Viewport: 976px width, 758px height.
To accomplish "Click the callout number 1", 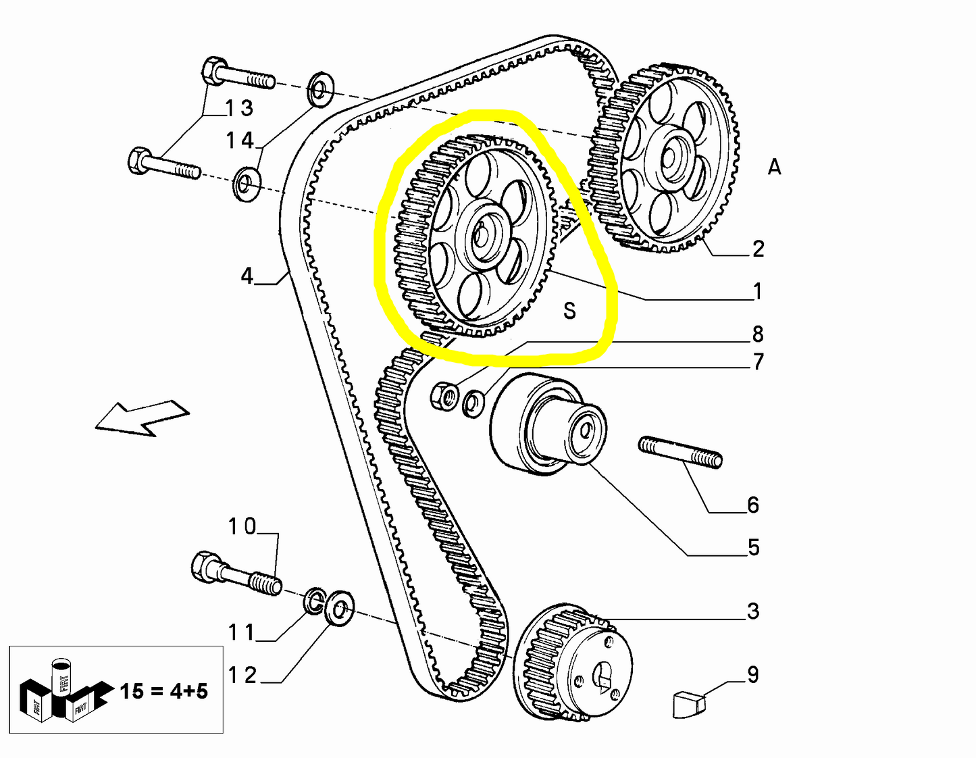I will (757, 291).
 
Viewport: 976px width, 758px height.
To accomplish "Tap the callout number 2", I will (758, 249).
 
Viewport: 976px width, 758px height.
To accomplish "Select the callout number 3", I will (753, 611).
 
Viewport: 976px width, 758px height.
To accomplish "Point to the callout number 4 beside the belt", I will (247, 276).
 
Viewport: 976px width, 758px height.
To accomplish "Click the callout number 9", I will (752, 674).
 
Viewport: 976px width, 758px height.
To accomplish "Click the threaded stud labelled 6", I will (680, 452).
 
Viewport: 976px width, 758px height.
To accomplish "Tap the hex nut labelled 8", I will (443, 395).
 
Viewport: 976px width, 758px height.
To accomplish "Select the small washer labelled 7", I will (473, 403).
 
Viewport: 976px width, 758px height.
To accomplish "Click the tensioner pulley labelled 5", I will (547, 426).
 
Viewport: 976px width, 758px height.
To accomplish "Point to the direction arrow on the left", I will (142, 418).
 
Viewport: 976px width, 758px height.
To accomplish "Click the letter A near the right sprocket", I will (774, 167).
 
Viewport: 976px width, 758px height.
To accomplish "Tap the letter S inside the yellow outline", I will (569, 311).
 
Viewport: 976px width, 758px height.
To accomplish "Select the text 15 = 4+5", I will (163, 691).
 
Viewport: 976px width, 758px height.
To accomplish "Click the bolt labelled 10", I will (236, 574).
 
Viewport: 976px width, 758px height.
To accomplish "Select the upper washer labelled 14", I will (319, 89).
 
